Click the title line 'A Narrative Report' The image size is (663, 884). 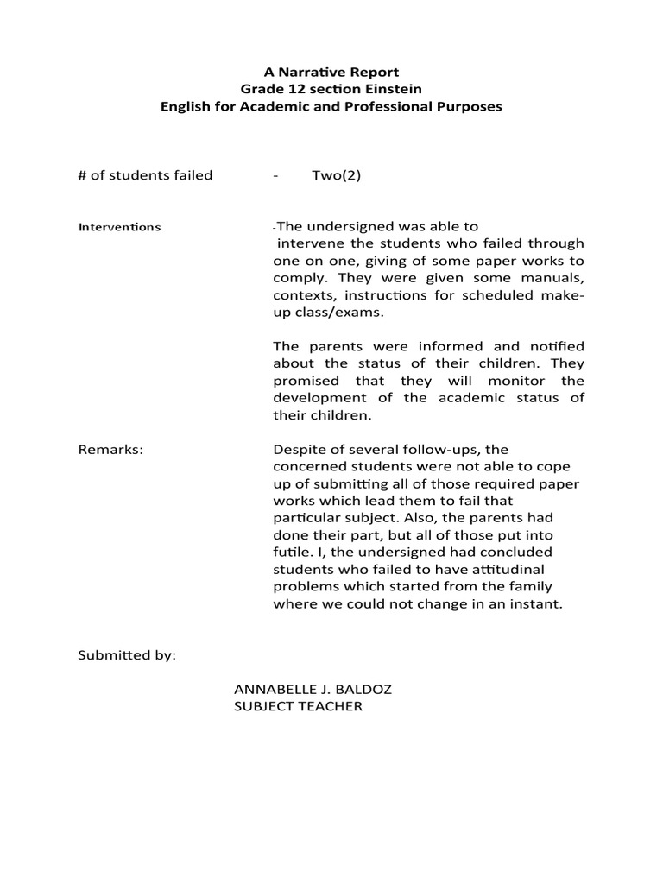[x=331, y=72]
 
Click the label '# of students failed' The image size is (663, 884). [x=145, y=175]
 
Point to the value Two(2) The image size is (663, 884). [x=336, y=175]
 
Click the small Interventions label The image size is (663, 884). [x=119, y=227]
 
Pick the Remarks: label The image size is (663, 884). [x=110, y=449]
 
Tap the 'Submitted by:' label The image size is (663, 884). [x=127, y=655]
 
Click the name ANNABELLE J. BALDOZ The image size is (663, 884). [x=306, y=690]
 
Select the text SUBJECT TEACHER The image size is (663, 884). [x=298, y=707]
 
